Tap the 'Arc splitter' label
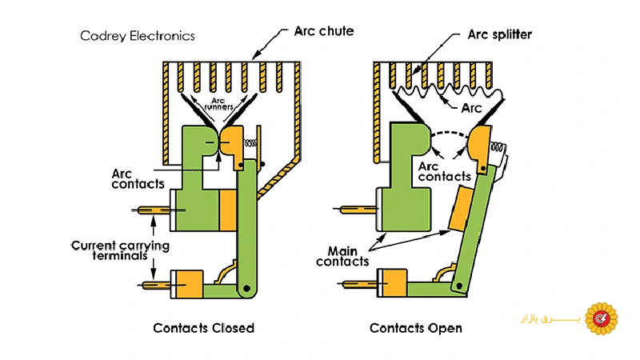[499, 35]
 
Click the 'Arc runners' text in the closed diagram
[218, 101]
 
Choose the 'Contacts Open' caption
[416, 328]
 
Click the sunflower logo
[602, 318]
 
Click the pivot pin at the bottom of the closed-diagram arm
[248, 286]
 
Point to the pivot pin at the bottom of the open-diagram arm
[458, 285]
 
